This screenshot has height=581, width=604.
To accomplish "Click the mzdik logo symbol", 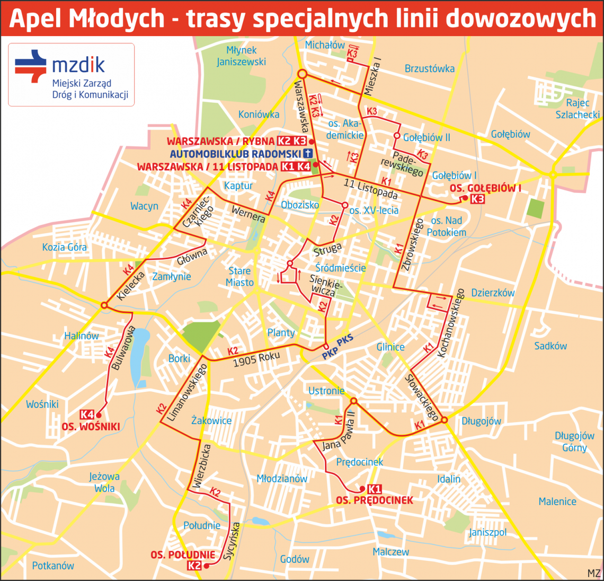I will tap(31, 66).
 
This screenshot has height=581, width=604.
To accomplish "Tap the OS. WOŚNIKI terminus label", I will tap(91, 427).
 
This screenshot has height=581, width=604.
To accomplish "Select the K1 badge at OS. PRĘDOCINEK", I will tap(374, 489).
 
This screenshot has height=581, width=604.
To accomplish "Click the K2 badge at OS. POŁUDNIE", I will tap(194, 565).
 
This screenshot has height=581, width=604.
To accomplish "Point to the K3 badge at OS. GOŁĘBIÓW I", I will tap(477, 199).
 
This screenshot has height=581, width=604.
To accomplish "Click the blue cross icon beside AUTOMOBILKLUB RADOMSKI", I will tap(308, 154).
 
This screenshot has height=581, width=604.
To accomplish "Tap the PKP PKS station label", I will tap(337, 348).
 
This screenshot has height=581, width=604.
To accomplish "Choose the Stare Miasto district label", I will tap(239, 277).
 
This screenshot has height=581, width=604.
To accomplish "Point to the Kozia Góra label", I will tap(65, 247).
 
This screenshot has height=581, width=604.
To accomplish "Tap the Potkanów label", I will tap(53, 566).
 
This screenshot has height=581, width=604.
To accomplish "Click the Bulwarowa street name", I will tap(123, 348).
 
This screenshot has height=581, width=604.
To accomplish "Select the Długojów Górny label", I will tap(574, 442).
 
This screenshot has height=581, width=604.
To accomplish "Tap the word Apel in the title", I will tap(34, 19).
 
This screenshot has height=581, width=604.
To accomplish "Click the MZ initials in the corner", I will tap(593, 574).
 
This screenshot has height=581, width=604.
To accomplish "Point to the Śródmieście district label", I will tap(340, 268).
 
